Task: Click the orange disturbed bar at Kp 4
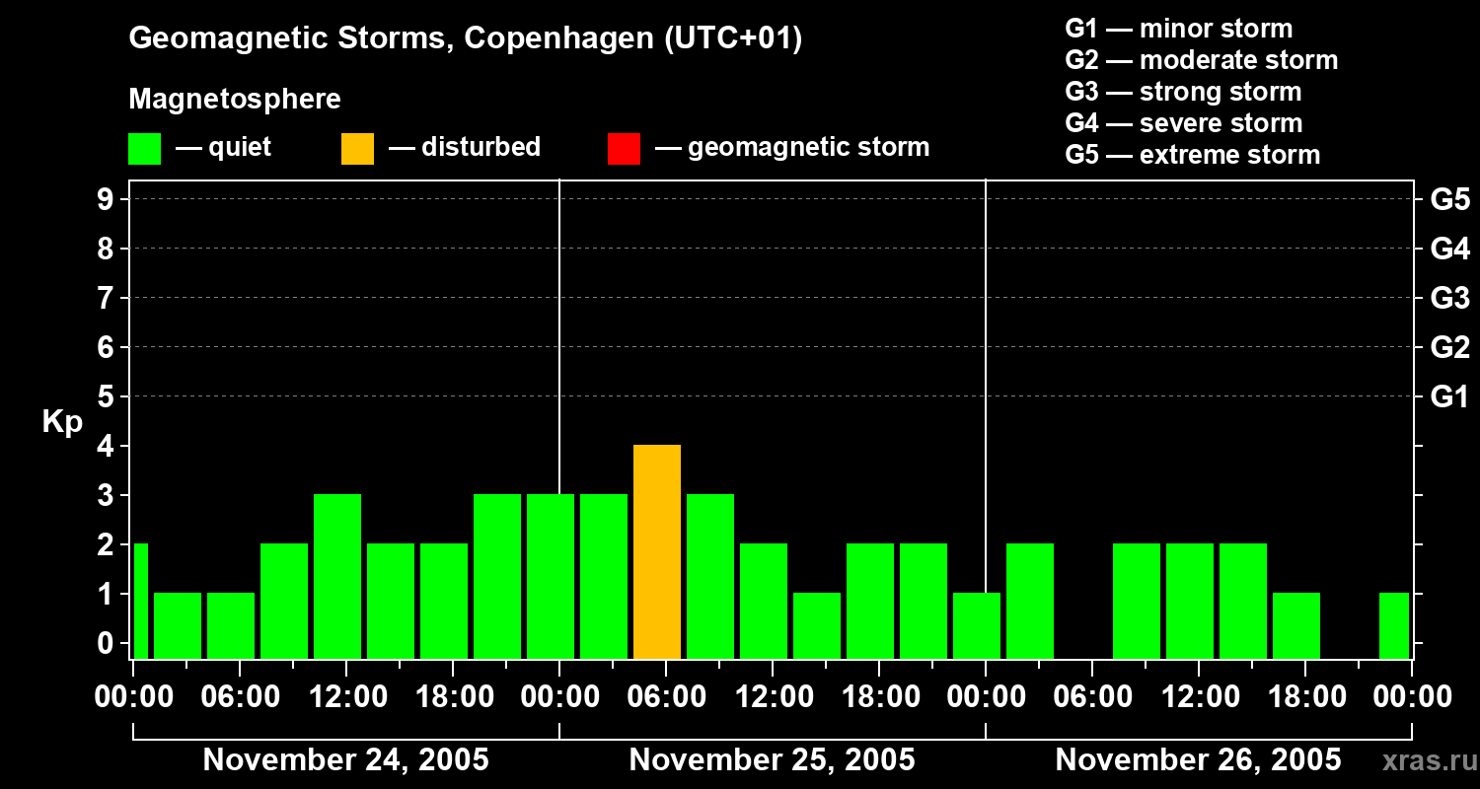click(x=657, y=551)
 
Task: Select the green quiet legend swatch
click(x=144, y=148)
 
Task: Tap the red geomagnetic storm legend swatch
click(x=624, y=148)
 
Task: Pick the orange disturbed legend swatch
click(x=357, y=148)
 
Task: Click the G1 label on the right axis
click(x=1449, y=397)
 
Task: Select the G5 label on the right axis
click(x=1449, y=200)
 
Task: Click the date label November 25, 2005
click(x=772, y=760)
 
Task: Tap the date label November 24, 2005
click(x=345, y=760)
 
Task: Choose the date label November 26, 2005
click(x=1198, y=760)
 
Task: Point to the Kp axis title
click(x=62, y=422)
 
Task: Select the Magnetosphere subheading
click(x=235, y=100)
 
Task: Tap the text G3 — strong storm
click(x=1183, y=92)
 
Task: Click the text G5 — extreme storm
click(x=1192, y=155)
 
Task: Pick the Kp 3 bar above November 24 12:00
click(x=337, y=576)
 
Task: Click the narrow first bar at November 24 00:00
click(x=140, y=601)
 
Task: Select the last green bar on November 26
click(x=1394, y=625)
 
